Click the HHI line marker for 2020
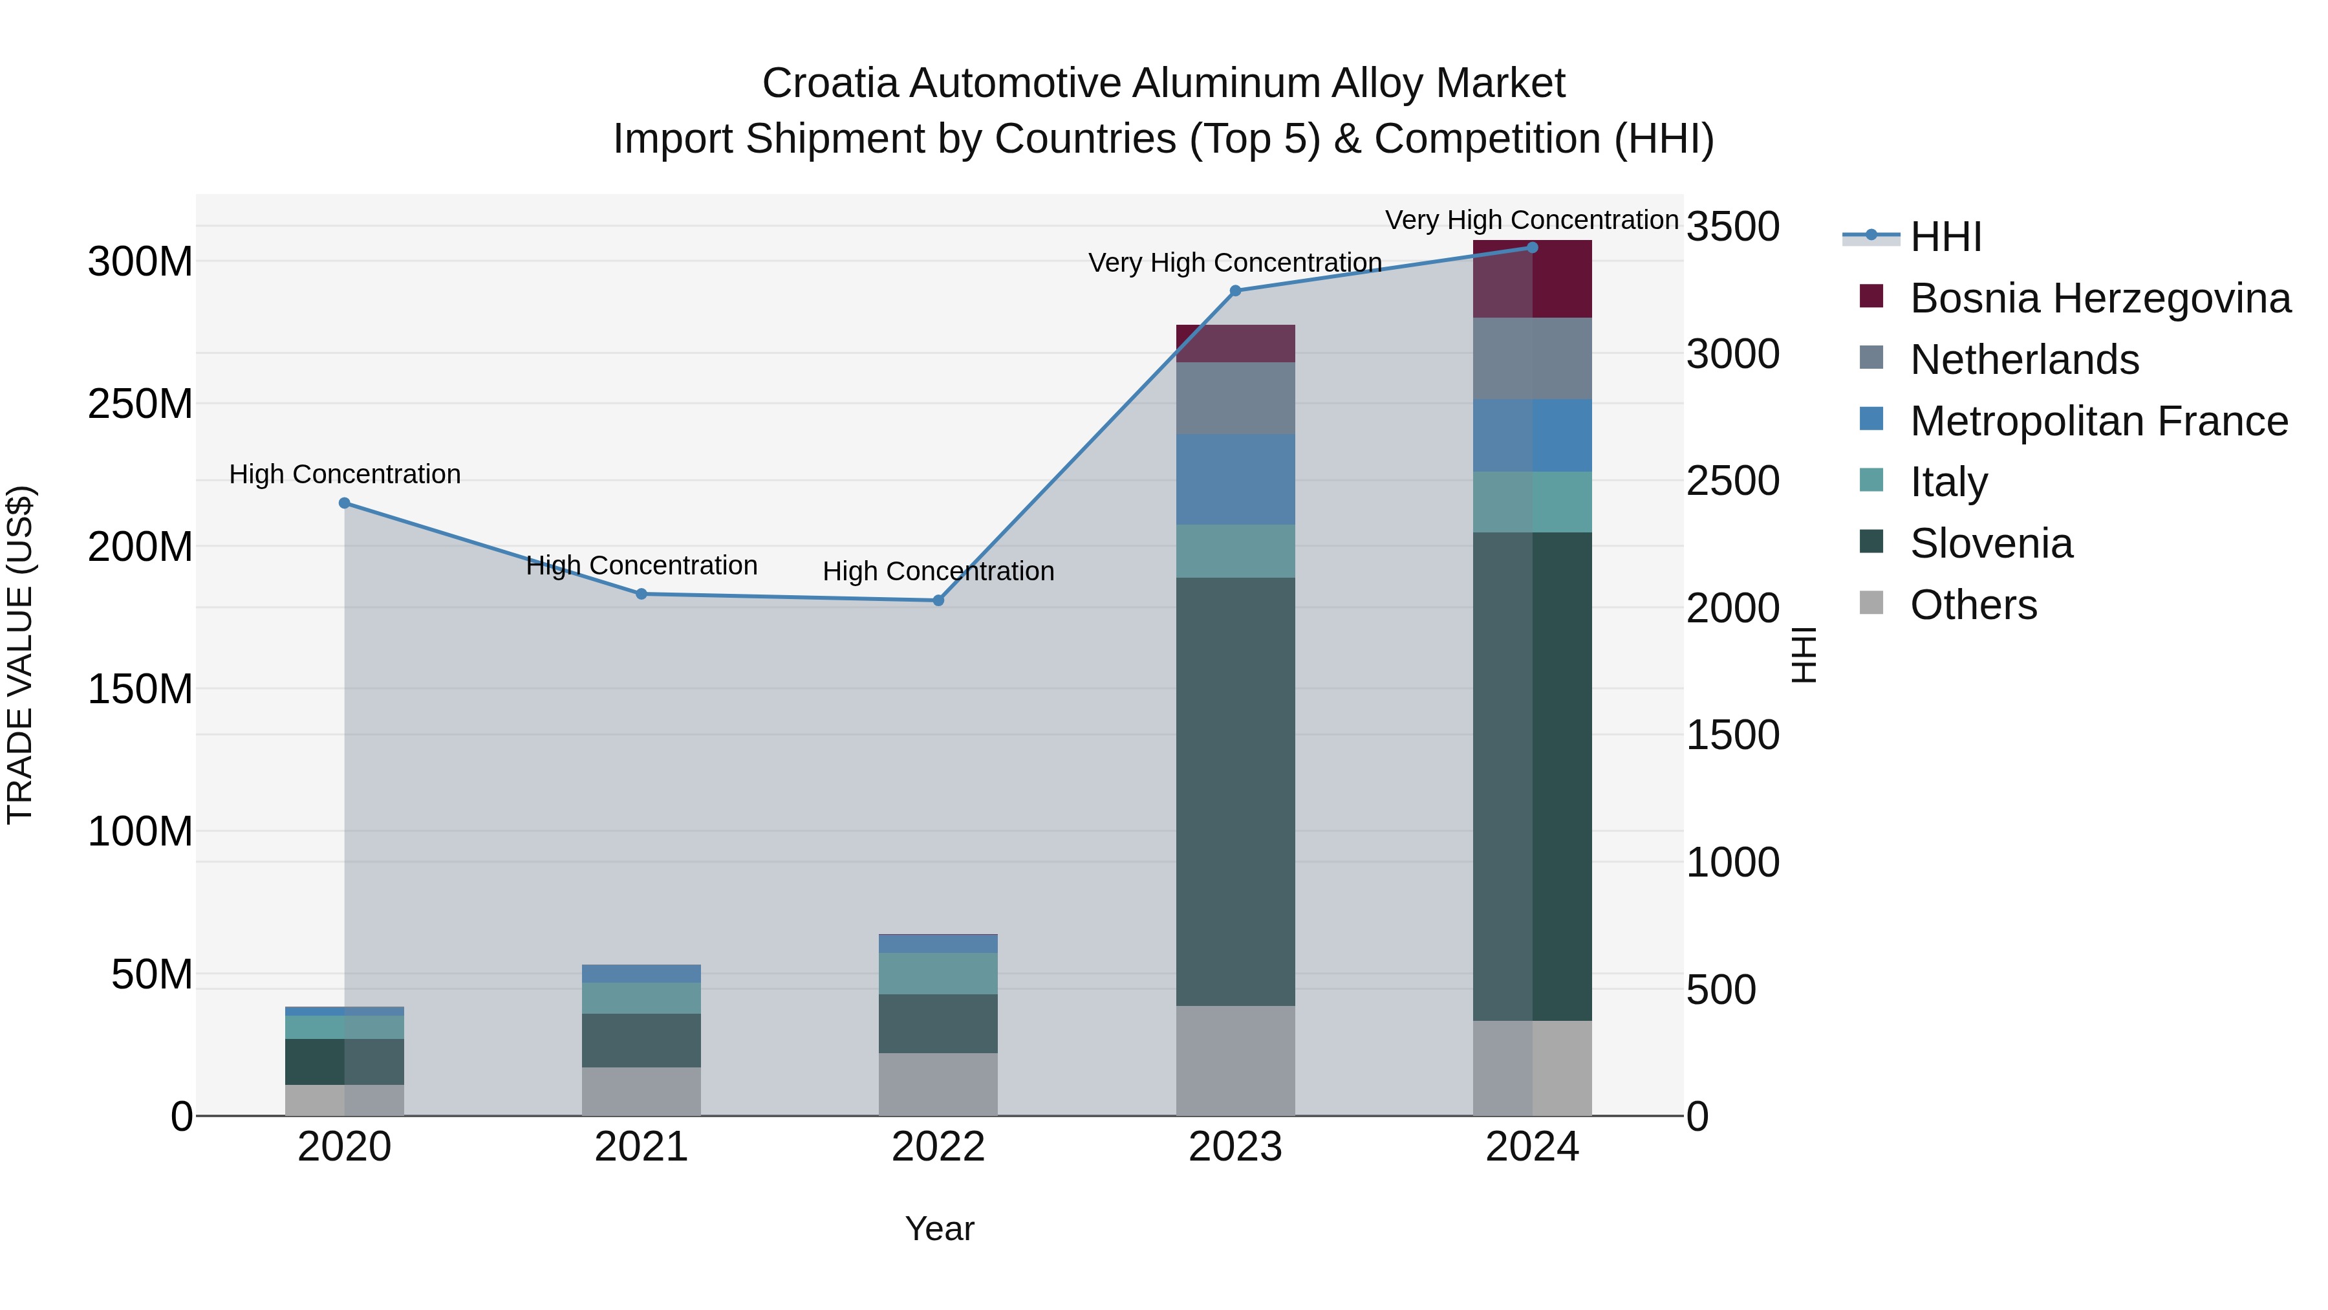tap(344, 503)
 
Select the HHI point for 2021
tap(641, 594)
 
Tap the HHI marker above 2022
tap(938, 600)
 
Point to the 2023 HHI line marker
tap(1235, 291)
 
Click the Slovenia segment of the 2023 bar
tap(1235, 791)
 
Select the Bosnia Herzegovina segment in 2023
tap(1235, 344)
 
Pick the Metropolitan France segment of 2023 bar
tap(1235, 479)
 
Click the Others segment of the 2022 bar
tap(938, 1084)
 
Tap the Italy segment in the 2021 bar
tap(641, 998)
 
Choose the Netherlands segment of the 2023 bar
tap(1235, 398)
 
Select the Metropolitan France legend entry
tap(2098, 421)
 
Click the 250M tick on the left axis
tap(140, 404)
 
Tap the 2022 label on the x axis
tap(938, 1147)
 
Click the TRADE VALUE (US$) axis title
tap(21, 655)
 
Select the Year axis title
tap(939, 1228)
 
